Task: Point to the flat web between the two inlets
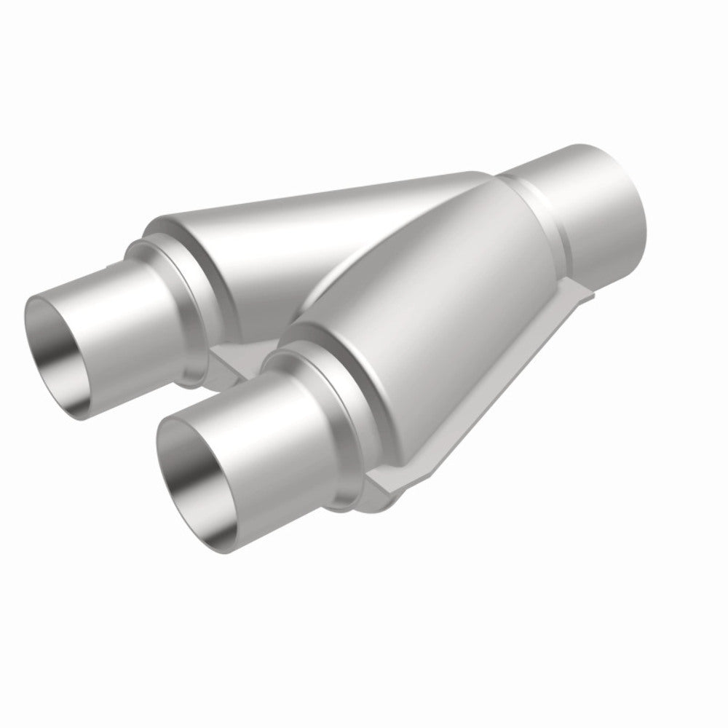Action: click(233, 360)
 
